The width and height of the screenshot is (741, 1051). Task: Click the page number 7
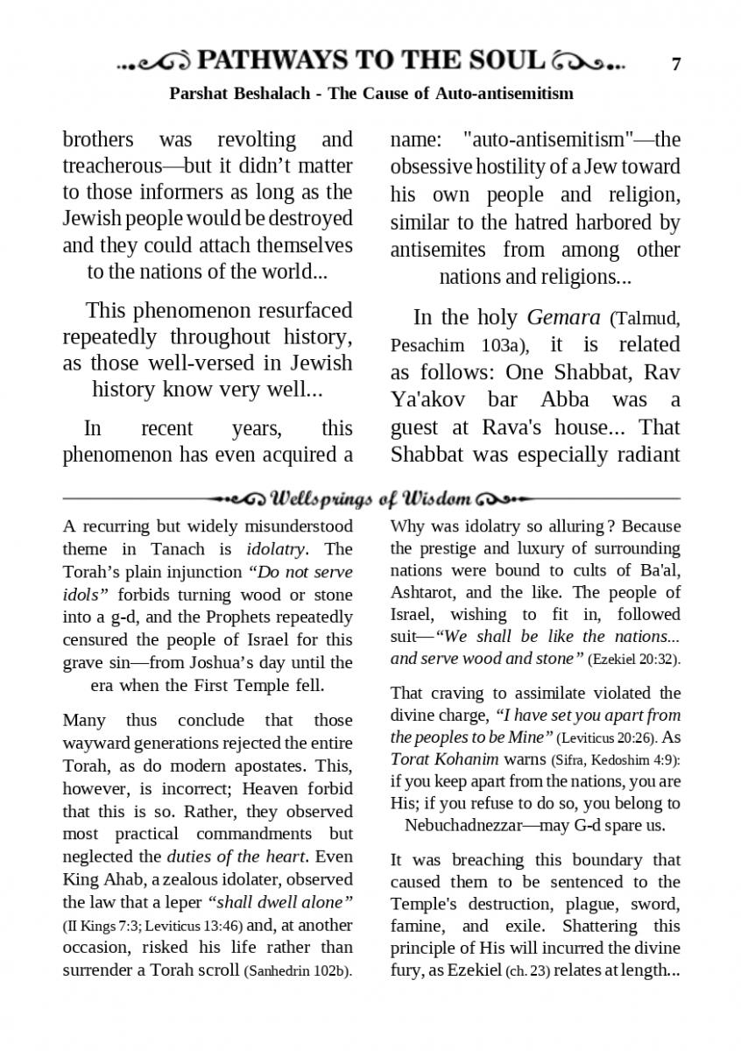click(x=676, y=64)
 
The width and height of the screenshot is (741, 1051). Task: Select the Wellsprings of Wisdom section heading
click(x=371, y=499)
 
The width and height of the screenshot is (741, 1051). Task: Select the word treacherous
click(x=111, y=166)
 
